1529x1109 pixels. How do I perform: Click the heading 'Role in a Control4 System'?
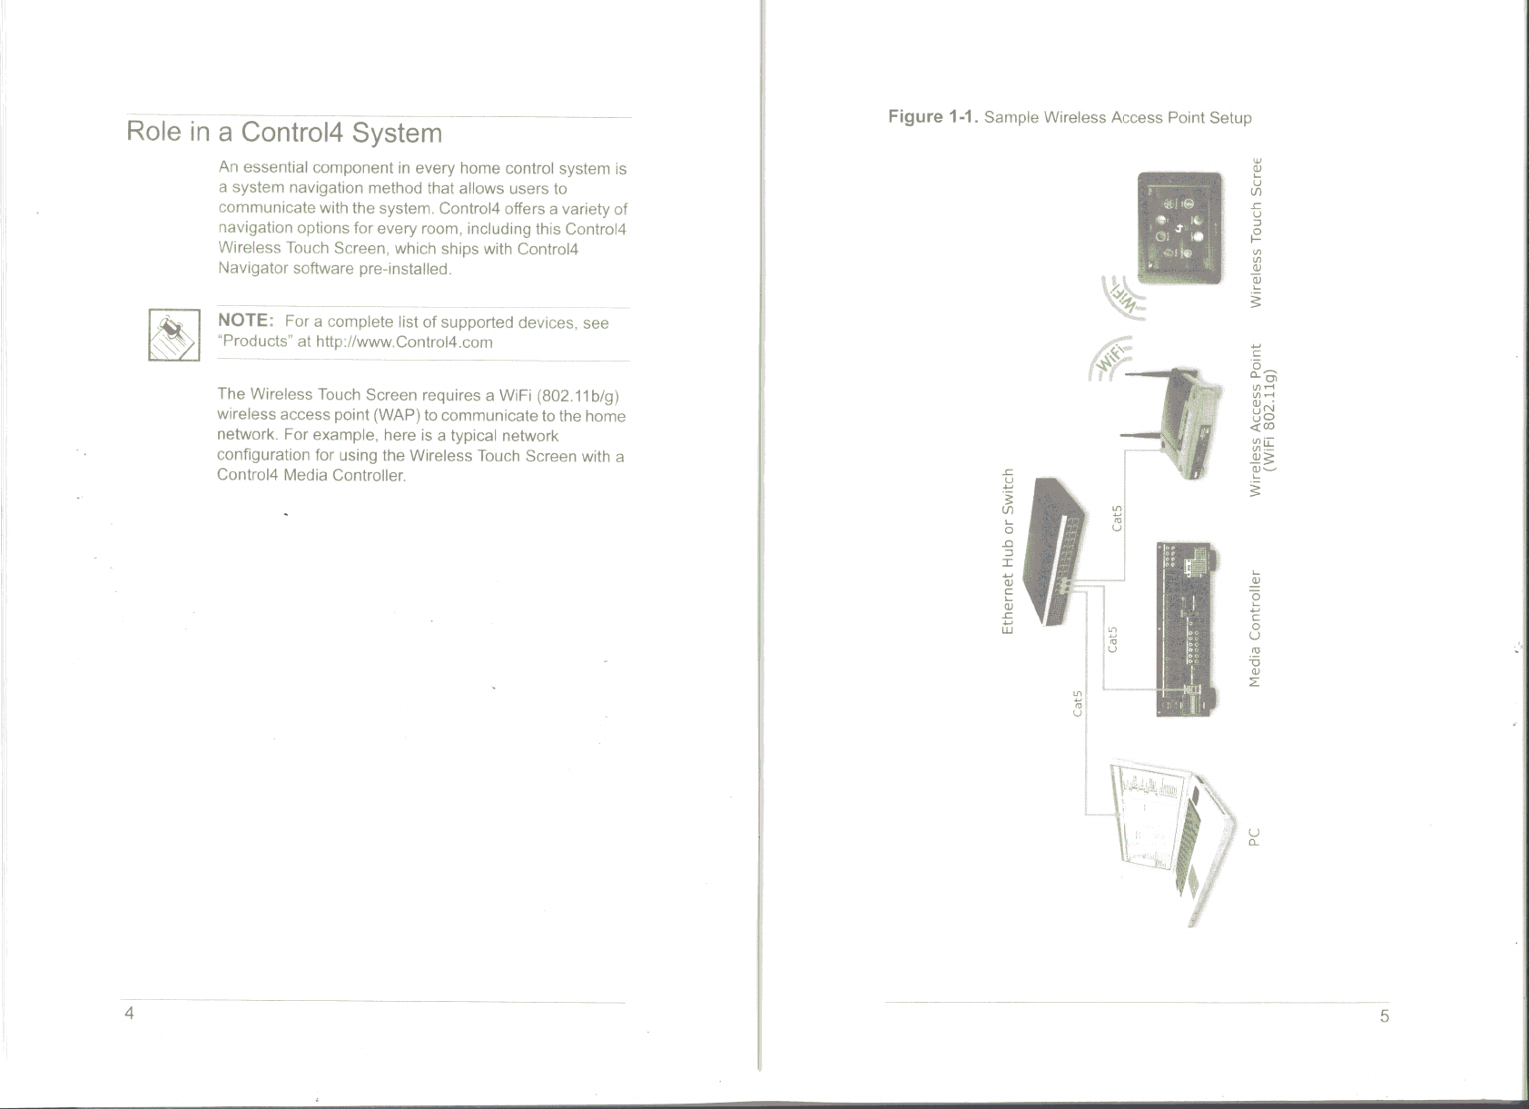click(284, 133)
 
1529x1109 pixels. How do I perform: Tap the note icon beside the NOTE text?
click(173, 334)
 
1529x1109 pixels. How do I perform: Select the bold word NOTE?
click(246, 321)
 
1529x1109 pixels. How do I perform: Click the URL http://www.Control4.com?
click(404, 342)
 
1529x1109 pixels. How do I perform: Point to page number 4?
click(130, 1013)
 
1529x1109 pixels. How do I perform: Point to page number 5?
click(1384, 1015)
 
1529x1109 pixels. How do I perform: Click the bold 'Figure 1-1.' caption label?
click(933, 117)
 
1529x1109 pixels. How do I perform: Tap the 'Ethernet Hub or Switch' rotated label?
click(1007, 550)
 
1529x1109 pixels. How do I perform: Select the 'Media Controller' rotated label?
click(1256, 629)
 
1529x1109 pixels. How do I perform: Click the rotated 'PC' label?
click(1255, 836)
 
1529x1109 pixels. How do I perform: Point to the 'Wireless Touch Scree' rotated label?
click(1257, 233)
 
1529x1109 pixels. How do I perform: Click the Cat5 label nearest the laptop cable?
click(1078, 703)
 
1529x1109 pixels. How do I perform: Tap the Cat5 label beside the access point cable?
click(1118, 517)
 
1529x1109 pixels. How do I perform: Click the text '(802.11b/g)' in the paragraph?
click(579, 396)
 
